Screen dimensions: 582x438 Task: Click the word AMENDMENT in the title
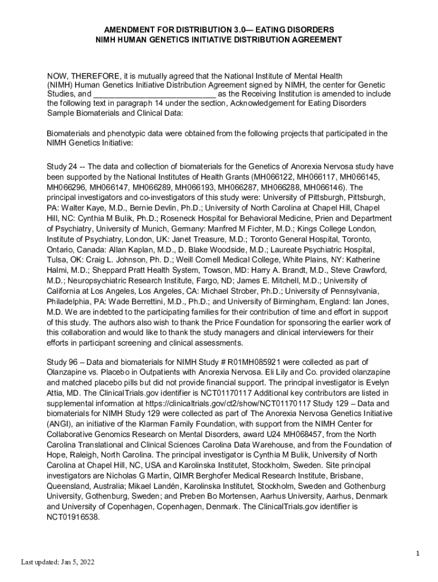[x=126, y=29]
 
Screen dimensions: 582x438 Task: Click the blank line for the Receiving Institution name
[x=154, y=94]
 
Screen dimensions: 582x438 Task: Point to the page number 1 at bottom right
[x=417, y=553]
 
